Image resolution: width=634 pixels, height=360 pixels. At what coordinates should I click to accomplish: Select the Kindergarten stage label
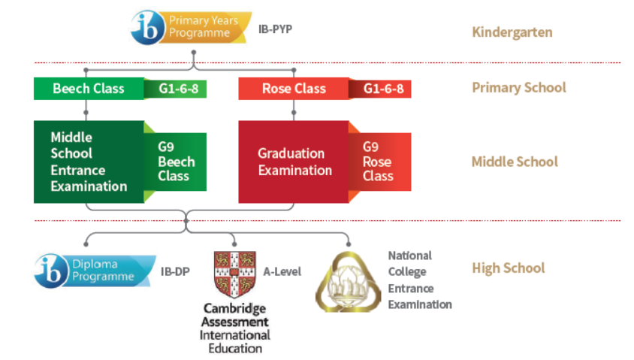512,32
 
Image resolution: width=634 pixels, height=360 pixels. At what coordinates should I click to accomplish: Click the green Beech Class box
89,89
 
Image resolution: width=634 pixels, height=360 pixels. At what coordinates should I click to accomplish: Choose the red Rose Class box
294,89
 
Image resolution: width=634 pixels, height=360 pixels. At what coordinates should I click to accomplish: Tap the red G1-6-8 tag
382,89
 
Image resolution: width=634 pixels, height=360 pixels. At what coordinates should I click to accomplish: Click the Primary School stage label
518,88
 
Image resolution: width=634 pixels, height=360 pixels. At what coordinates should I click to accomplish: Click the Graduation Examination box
294,162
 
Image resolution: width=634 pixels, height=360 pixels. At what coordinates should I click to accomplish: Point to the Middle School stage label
515,162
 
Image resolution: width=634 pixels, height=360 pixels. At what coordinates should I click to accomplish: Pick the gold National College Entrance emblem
348,282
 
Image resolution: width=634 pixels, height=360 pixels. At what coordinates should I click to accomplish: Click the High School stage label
508,268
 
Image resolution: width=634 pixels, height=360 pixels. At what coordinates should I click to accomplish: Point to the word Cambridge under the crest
235,309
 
